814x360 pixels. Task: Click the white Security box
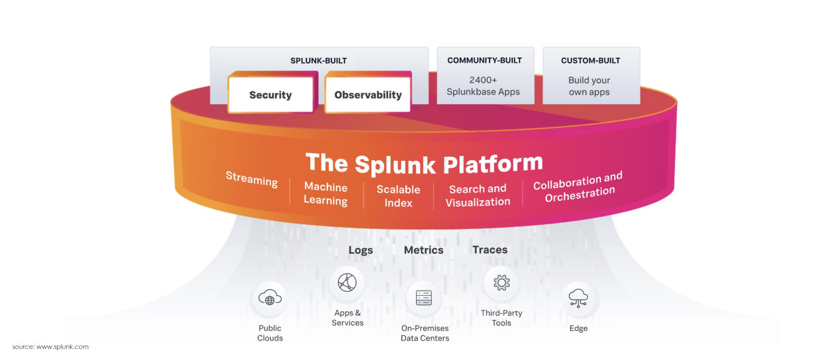[x=270, y=95]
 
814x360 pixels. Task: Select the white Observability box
[x=368, y=95]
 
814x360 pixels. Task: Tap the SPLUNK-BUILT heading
[x=318, y=61]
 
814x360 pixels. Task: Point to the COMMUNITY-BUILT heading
[x=485, y=60]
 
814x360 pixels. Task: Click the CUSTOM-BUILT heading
[x=591, y=61]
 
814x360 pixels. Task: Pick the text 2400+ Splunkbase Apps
[x=483, y=86]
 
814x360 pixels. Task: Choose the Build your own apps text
[x=589, y=86]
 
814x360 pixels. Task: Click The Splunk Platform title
[x=424, y=164]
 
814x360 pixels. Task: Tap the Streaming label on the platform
[x=252, y=179]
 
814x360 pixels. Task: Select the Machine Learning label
[x=326, y=193]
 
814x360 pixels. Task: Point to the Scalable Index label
[x=398, y=196]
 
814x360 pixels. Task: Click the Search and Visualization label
[x=478, y=195]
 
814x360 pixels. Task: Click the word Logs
[x=361, y=250]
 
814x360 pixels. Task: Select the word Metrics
[x=424, y=250]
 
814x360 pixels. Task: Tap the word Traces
[x=490, y=249]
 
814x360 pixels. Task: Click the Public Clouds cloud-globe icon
[x=270, y=297]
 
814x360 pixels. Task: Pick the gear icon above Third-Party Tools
[x=502, y=282]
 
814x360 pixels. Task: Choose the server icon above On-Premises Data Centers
[x=424, y=298]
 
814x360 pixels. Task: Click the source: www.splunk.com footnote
[x=50, y=346]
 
